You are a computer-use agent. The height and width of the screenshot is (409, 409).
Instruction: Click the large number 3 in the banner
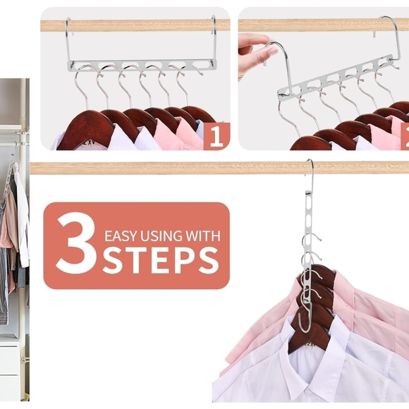coord(75,245)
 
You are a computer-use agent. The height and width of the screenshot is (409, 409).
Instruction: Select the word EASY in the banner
coord(121,236)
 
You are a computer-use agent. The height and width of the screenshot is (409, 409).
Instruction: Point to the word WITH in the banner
coord(204,236)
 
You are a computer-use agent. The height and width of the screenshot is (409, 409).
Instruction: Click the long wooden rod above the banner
coord(176,168)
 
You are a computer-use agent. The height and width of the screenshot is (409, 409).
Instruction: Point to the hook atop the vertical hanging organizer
coord(310,173)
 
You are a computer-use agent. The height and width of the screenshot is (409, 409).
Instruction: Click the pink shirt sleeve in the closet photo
coord(8,233)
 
